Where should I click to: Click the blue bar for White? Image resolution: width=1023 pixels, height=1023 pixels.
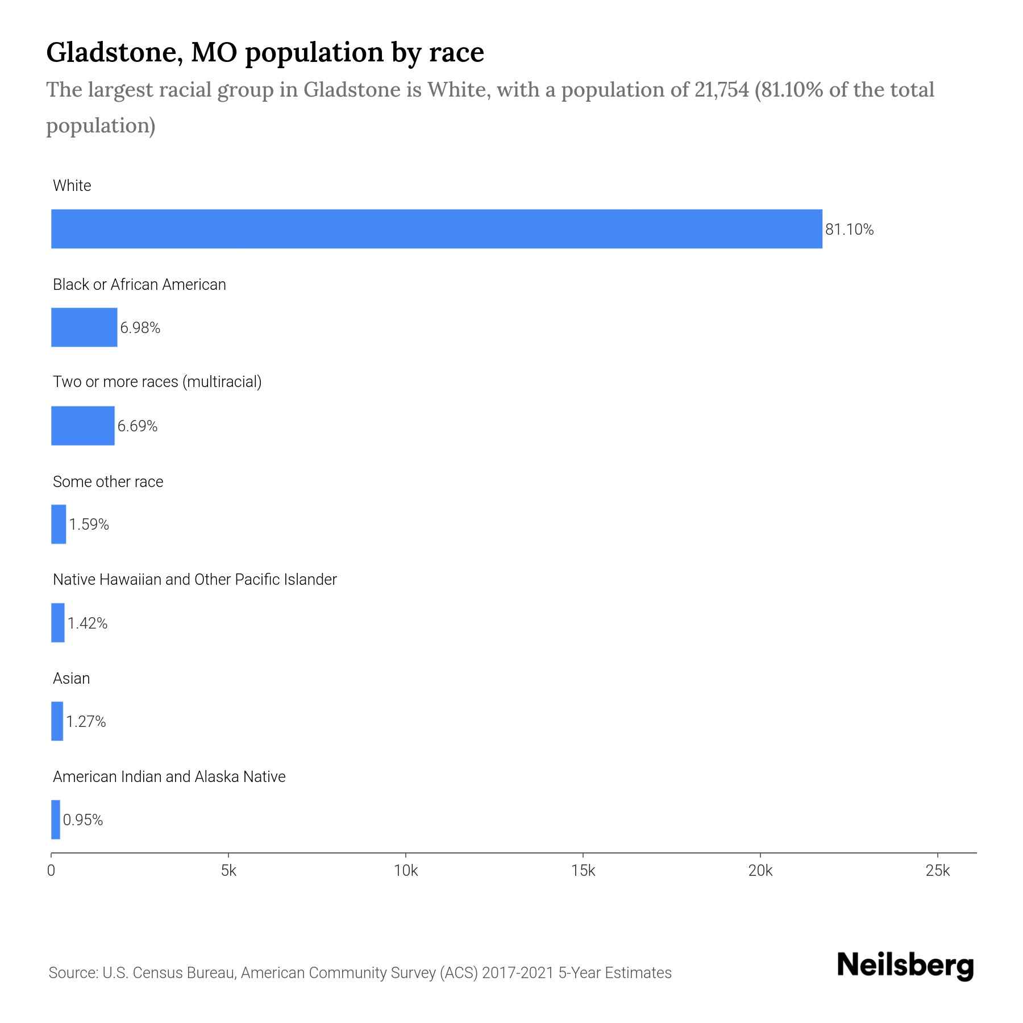click(436, 229)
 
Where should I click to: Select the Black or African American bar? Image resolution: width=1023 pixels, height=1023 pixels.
click(84, 327)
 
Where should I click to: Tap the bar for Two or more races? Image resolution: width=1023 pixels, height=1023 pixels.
click(83, 426)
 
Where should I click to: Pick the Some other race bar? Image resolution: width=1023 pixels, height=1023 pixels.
click(59, 524)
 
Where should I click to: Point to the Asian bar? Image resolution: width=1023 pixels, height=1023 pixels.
click(57, 721)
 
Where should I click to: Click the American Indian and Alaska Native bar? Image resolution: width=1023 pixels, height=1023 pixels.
click(56, 820)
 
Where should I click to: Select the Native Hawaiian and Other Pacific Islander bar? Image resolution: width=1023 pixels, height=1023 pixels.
click(58, 623)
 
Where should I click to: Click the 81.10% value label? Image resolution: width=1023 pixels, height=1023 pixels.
click(849, 230)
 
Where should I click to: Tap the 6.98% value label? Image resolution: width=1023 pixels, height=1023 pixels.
click(140, 328)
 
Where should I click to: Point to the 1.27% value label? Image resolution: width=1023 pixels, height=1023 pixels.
click(86, 722)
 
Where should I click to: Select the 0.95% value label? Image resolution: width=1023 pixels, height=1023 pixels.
click(83, 820)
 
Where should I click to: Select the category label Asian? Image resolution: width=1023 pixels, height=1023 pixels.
click(71, 678)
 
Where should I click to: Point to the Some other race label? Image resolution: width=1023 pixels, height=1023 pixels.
click(108, 482)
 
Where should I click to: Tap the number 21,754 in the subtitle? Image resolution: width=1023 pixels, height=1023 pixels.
click(721, 90)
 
